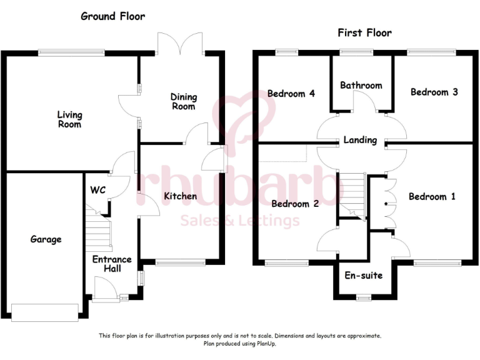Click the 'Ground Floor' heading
[x=112, y=16]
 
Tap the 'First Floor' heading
[x=364, y=33]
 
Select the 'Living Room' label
[x=69, y=119]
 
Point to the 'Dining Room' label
[x=184, y=101]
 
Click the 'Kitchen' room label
[x=180, y=196]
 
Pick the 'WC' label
[x=97, y=190]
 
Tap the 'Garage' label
[x=46, y=239]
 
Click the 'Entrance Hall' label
[x=112, y=264]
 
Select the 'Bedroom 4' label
[x=291, y=94]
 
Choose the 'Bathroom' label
[x=361, y=85]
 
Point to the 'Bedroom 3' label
[x=434, y=92]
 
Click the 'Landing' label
[x=360, y=140]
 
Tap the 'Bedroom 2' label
[x=295, y=204]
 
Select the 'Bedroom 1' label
[x=432, y=196]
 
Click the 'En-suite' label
[x=363, y=275]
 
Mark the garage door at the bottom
[x=44, y=312]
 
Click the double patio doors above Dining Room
[x=180, y=42]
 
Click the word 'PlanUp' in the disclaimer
[x=264, y=343]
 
